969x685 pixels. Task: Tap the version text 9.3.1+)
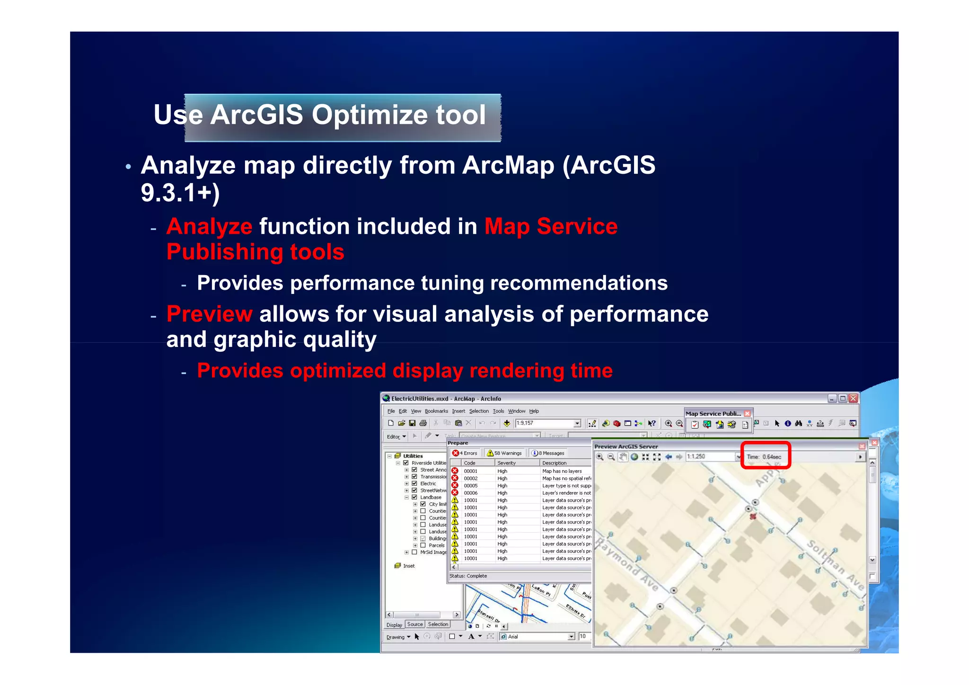click(x=180, y=193)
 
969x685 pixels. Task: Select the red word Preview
click(x=209, y=314)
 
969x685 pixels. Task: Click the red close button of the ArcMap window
click(x=853, y=399)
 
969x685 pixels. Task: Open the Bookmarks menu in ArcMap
click(x=436, y=411)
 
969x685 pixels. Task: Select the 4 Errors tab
click(x=465, y=453)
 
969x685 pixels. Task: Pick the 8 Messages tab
click(x=548, y=453)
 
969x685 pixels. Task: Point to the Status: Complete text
click(x=468, y=576)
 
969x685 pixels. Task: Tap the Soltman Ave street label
click(x=836, y=565)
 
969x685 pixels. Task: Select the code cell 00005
click(x=470, y=486)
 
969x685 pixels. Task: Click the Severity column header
click(x=506, y=463)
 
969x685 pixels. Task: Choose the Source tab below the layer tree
click(x=415, y=624)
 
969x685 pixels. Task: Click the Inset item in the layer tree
click(x=408, y=566)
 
